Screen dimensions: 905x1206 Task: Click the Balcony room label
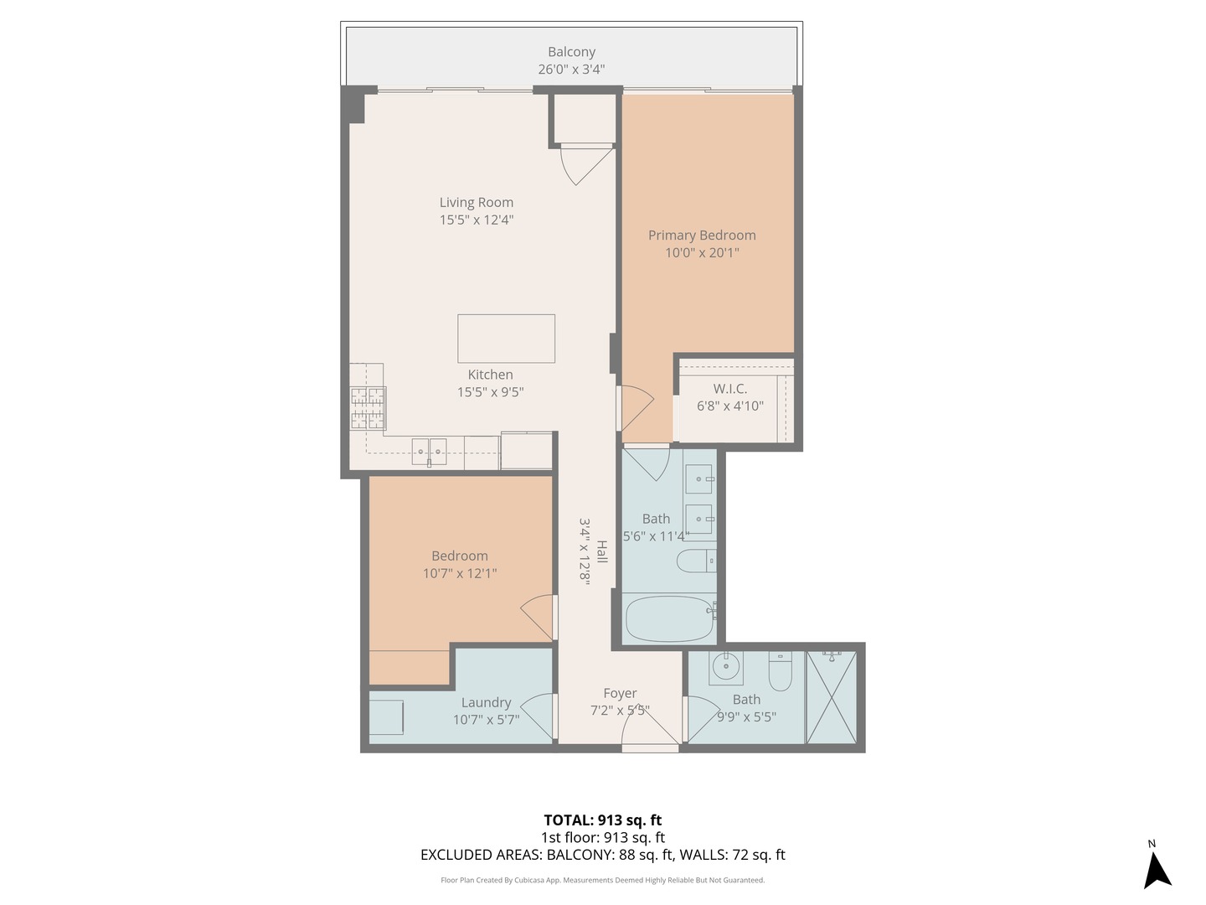tap(571, 52)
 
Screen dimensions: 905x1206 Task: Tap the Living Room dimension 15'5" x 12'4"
tap(477, 220)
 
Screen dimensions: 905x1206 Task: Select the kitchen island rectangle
tap(506, 339)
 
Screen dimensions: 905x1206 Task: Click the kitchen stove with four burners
tap(368, 408)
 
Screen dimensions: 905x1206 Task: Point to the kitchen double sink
tap(429, 452)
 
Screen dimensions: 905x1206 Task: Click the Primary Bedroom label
tap(702, 235)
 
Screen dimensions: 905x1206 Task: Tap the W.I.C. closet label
tap(730, 389)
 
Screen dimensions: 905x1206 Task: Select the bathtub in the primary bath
tap(670, 618)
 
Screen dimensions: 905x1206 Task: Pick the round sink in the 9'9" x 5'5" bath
tap(725, 668)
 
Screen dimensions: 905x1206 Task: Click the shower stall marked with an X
tap(832, 697)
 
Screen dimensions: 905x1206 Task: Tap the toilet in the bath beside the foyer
tap(780, 672)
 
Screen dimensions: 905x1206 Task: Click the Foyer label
tap(620, 694)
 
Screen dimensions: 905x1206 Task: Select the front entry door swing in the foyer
tap(650, 732)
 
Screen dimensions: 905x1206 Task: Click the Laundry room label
tap(486, 703)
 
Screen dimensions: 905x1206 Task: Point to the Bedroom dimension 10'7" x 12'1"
tap(460, 574)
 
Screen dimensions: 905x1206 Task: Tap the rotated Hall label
tap(601, 551)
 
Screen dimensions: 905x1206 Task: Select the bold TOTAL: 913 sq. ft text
tap(603, 820)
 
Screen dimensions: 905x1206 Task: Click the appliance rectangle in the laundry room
tap(386, 717)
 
